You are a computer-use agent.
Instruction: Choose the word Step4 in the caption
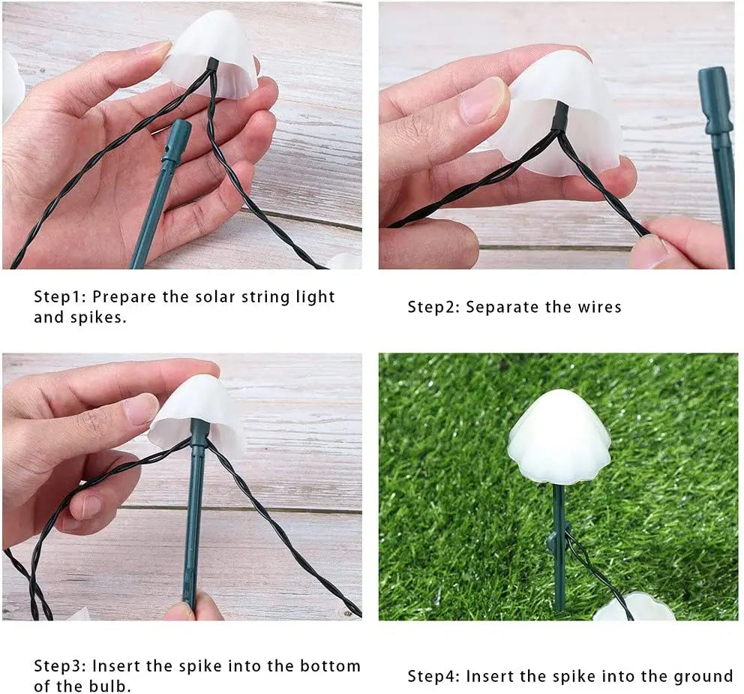point(433,677)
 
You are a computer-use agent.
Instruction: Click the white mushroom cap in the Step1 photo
point(211,53)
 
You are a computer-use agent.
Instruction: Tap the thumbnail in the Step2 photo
point(484,100)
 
